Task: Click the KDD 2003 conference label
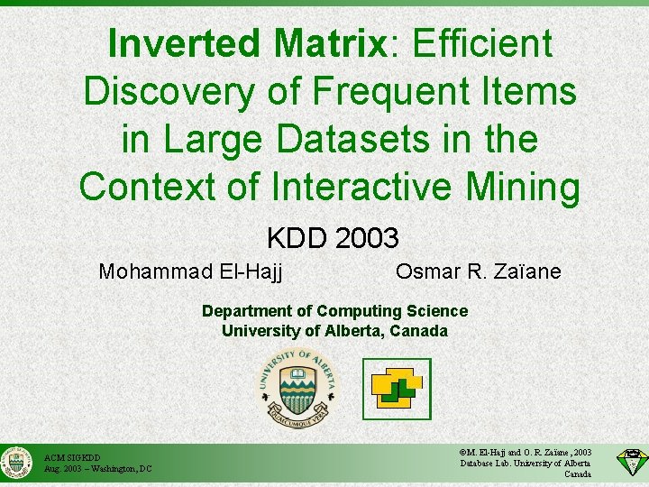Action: [332, 238]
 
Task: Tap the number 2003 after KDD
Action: [366, 238]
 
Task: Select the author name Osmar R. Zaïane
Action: [478, 271]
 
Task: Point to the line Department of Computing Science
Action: [334, 311]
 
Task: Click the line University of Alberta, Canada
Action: [334, 331]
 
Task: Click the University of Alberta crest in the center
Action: [297, 387]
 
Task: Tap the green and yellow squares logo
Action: [397, 389]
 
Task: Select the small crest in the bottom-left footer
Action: [16, 464]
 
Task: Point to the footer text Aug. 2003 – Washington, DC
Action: [97, 469]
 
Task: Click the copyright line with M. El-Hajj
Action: [526, 452]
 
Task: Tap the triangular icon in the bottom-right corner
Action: [630, 462]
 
